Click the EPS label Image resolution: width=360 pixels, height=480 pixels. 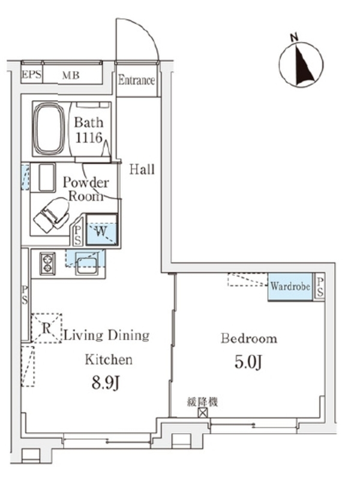(x=32, y=74)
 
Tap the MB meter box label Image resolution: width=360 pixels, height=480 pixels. (x=71, y=75)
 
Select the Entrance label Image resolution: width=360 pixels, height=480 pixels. (x=137, y=80)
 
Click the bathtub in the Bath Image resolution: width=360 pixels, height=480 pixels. (x=49, y=128)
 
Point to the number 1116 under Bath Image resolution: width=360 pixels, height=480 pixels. (x=88, y=137)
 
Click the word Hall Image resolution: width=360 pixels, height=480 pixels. (x=142, y=169)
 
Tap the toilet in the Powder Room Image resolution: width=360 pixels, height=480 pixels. (x=52, y=215)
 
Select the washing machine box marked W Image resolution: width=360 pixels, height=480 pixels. (x=101, y=230)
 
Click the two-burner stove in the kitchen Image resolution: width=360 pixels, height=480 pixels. (x=48, y=263)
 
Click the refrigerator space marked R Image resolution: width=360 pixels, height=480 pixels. (x=46, y=328)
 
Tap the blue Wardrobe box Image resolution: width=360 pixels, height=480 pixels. (x=290, y=287)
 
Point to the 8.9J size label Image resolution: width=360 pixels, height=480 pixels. (x=106, y=382)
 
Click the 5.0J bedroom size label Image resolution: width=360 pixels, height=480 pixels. (x=248, y=362)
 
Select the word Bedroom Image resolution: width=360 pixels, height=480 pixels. (x=249, y=338)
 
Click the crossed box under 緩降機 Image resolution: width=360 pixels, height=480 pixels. (x=203, y=413)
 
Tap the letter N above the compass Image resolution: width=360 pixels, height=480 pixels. (x=294, y=38)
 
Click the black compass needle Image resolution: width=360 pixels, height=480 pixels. (x=305, y=65)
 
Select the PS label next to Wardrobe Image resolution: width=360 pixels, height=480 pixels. (x=320, y=287)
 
